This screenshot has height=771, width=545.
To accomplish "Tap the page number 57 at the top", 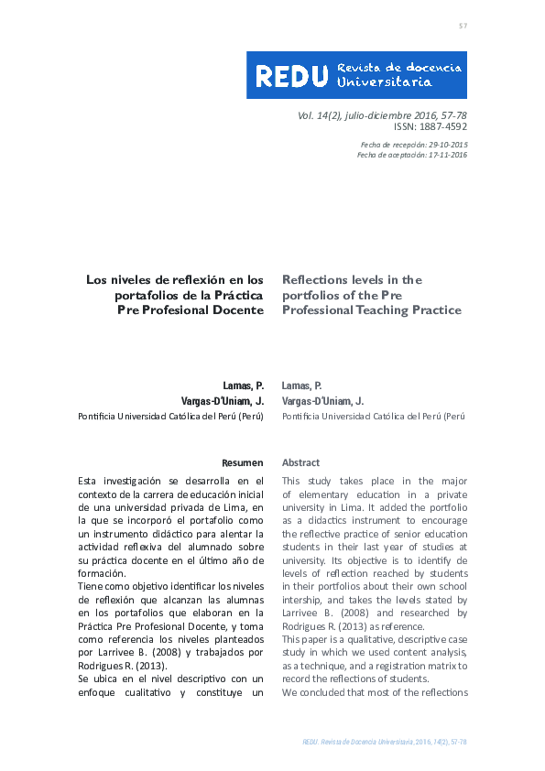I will pyautogui.click(x=463, y=26).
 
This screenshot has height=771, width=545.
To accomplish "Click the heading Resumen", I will pyautogui.click(x=243, y=463).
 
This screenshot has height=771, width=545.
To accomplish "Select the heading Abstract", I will pyautogui.click(x=300, y=463).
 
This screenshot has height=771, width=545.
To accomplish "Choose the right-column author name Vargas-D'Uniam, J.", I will pyautogui.click(x=322, y=401).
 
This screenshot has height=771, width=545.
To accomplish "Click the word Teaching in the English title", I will pyautogui.click(x=389, y=310).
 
